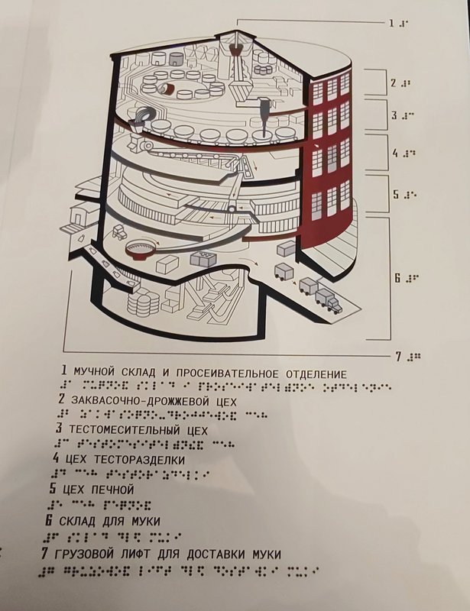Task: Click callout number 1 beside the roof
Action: coord(391,23)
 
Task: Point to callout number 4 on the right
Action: coord(395,153)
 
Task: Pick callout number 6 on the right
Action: coord(397,278)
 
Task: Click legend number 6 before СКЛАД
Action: coord(47,519)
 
